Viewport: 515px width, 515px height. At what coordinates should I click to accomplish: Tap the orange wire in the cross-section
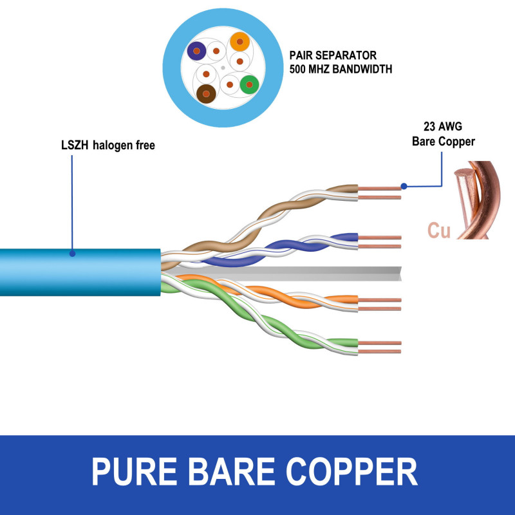[x=239, y=42]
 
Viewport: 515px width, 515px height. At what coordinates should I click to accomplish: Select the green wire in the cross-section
[x=248, y=84]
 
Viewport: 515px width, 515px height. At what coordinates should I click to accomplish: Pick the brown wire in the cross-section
[x=205, y=94]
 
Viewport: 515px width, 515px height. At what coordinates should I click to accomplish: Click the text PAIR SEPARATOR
[x=332, y=55]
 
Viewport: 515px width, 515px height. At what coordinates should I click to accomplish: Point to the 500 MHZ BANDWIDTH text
[x=341, y=68]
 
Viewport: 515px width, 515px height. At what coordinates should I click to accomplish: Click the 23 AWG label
[x=442, y=126]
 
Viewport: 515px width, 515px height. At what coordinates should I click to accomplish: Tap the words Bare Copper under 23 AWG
[x=443, y=141]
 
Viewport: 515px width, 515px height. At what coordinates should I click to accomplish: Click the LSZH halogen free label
[x=104, y=145]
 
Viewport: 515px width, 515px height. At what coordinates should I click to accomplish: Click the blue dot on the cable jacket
[x=72, y=254]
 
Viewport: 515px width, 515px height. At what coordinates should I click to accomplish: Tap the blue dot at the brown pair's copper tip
[x=404, y=187]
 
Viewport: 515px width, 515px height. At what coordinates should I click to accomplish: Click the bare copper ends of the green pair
[x=380, y=348]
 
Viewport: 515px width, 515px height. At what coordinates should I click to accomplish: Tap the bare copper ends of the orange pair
[x=380, y=304]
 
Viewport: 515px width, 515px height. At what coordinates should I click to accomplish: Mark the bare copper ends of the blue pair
[x=380, y=241]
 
